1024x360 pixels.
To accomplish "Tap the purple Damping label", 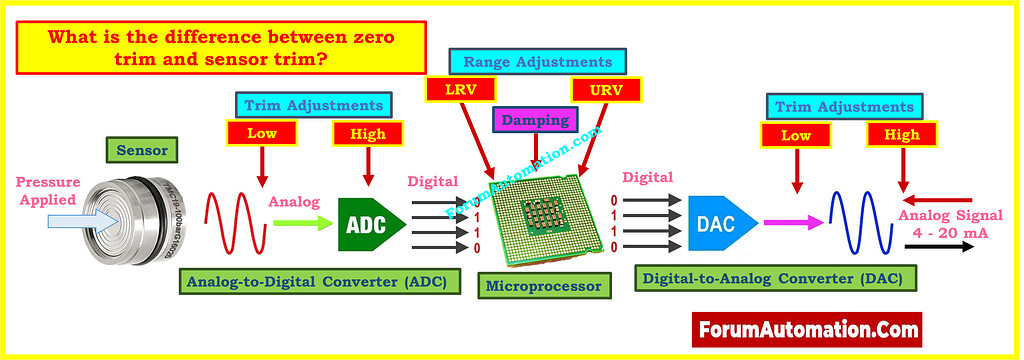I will tap(535, 120).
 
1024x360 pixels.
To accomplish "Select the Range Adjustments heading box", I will tap(531, 61).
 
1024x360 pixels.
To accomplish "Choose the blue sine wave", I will tap(858, 223).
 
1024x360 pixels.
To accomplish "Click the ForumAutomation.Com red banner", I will tap(806, 327).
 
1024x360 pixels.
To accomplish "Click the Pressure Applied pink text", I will tap(43, 190).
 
